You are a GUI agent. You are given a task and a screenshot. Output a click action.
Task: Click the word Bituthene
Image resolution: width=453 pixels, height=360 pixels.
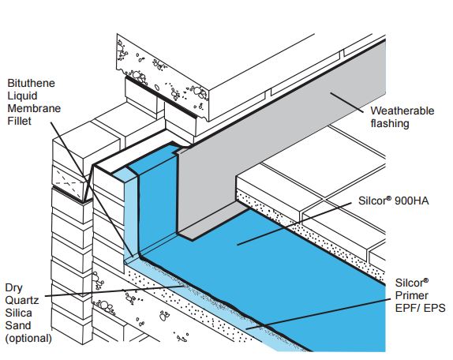[x=31, y=83]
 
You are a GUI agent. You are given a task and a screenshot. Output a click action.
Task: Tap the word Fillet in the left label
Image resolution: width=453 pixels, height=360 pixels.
[x=19, y=121]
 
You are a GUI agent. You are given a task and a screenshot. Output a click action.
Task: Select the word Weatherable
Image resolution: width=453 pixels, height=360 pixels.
[x=402, y=111]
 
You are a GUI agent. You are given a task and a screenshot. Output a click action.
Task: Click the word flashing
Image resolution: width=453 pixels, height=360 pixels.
[x=390, y=124]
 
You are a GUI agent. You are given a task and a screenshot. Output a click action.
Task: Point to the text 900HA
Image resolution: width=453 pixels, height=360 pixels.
[x=411, y=201]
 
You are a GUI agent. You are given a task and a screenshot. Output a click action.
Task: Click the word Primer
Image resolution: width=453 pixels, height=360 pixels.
[x=411, y=295]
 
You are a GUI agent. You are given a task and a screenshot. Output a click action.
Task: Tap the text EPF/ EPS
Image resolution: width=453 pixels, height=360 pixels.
[x=420, y=308]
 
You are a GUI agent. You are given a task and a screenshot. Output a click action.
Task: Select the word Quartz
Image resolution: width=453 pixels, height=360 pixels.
[x=22, y=301]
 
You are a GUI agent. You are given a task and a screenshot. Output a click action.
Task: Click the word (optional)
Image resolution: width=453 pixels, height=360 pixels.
[x=28, y=339]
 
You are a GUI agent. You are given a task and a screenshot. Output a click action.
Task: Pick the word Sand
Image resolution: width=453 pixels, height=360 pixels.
[x=18, y=325]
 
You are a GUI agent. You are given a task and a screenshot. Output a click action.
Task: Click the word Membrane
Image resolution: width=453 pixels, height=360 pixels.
[x=34, y=108]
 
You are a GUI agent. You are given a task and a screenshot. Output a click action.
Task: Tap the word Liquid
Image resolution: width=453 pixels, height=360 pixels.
[x=22, y=96]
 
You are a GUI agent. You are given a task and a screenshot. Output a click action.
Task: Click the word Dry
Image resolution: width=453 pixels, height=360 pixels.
[x=13, y=288]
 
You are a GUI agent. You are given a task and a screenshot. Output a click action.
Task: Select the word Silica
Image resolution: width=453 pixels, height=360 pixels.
[x=18, y=313]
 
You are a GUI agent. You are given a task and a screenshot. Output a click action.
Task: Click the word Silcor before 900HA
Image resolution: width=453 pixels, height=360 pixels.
[x=375, y=201]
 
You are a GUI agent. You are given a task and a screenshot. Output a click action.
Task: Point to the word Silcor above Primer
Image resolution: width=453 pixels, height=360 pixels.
[x=412, y=283]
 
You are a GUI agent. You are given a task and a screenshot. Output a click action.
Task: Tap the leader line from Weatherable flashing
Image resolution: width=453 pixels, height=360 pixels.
[x=347, y=103]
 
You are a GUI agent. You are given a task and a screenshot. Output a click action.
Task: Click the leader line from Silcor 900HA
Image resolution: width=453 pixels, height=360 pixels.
[x=294, y=223]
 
